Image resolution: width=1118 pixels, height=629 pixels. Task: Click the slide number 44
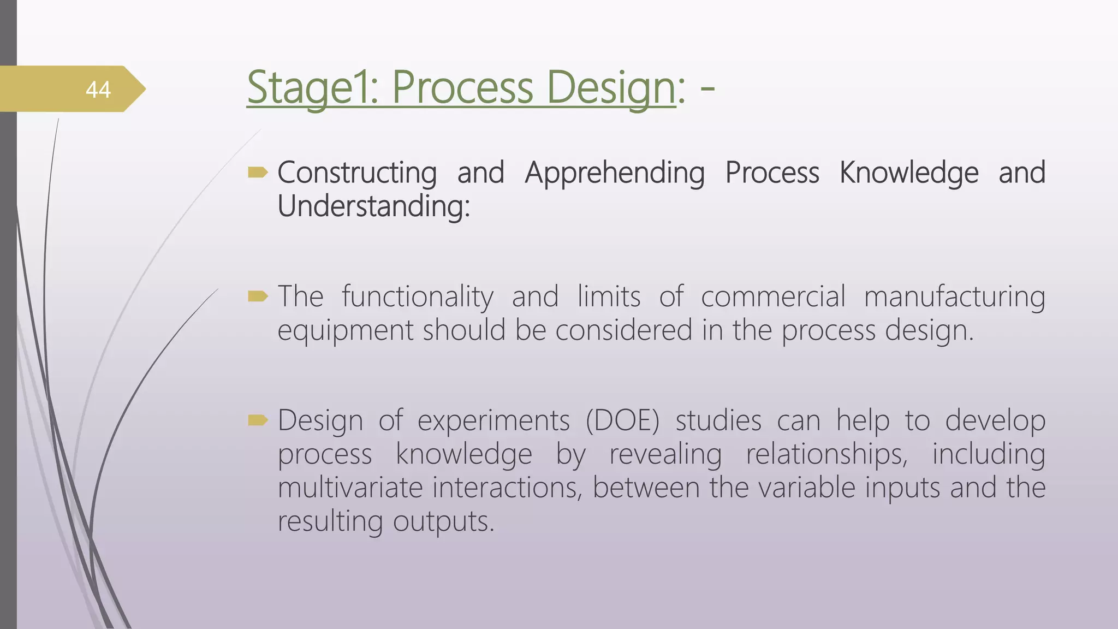tap(98, 90)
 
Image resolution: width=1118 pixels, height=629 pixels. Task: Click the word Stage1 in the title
tap(312, 87)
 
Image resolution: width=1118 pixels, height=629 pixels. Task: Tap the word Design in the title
tap(610, 87)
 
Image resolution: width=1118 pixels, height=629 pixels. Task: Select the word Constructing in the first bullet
tap(357, 173)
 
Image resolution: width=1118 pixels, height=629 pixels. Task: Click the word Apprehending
tap(615, 173)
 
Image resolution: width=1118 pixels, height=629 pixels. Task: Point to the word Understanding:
tap(373, 206)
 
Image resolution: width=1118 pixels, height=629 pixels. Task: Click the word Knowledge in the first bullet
tap(908, 173)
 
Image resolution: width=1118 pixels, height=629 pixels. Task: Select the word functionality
tap(418, 297)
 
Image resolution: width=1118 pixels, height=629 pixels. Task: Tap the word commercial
tap(773, 297)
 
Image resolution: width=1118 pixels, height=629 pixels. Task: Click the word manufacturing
tap(954, 297)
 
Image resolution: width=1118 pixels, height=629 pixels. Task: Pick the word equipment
tap(345, 331)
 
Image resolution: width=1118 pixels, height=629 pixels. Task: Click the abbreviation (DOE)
tap(622, 421)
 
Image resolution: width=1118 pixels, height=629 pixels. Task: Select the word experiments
tap(493, 421)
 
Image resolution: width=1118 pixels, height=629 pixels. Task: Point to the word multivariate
tap(350, 488)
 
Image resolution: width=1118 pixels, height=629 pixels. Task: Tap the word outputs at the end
tap(443, 521)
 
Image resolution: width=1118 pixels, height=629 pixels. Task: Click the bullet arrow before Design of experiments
tap(258, 420)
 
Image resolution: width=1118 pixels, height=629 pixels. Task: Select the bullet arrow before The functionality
tap(258, 296)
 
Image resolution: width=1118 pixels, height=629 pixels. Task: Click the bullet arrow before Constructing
tap(258, 173)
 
